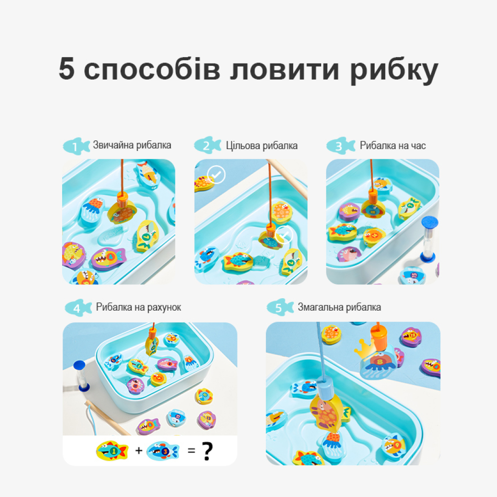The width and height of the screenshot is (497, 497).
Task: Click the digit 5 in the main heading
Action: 67,68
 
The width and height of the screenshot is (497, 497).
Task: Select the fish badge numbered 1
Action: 76,146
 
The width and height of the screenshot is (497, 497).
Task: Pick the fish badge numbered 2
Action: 208,145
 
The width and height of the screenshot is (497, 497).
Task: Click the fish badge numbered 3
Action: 341,146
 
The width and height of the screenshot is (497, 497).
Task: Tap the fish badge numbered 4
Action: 78,308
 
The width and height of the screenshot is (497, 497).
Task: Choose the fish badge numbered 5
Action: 280,307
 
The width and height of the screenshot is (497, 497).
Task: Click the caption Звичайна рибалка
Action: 132,145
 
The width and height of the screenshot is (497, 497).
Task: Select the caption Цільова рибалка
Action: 261,145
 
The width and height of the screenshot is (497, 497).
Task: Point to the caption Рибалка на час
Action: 393,145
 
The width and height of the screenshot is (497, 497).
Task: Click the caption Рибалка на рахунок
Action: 139,307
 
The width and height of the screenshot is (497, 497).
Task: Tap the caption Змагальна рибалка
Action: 339,307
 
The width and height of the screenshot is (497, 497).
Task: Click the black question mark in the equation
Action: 208,451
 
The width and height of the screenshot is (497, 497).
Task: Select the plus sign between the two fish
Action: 139,450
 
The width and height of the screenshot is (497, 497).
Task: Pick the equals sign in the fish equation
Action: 191,451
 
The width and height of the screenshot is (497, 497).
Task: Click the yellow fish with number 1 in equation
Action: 112,451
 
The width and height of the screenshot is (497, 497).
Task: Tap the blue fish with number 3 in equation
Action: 163,451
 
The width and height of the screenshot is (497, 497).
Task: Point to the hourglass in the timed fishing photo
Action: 429,239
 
